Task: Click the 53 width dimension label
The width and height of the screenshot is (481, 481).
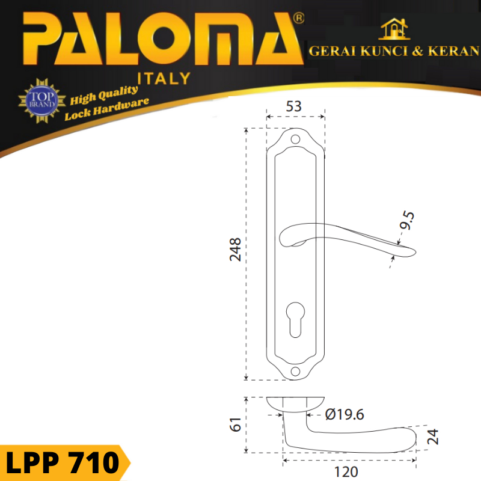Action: (293, 106)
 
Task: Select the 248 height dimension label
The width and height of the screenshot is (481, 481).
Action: (235, 249)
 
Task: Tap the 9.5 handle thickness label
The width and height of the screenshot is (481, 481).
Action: (407, 220)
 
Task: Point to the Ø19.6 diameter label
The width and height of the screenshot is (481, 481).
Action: (345, 414)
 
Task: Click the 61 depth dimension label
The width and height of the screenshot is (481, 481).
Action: (236, 424)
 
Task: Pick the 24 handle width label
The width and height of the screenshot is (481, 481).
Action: (433, 437)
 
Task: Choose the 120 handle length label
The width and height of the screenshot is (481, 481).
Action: (346, 472)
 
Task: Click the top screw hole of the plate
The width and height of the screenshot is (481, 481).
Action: (295, 139)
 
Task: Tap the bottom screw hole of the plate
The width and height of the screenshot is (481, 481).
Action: (295, 372)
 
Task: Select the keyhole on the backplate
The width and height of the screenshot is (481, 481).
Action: (295, 320)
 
